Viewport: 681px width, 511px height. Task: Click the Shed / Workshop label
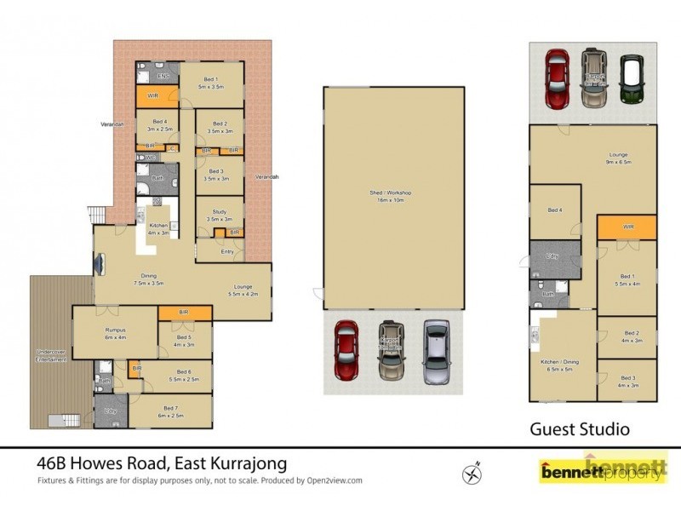(393, 197)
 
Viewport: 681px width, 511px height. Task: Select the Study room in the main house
(220, 215)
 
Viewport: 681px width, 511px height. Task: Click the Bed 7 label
(169, 411)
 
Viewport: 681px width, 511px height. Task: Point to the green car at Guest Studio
(631, 78)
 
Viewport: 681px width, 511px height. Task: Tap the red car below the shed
(346, 350)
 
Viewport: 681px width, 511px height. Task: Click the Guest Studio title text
(580, 429)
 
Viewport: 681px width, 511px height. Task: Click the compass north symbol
(472, 471)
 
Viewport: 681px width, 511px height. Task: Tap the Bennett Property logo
(603, 470)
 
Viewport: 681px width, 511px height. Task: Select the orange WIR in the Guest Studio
(627, 227)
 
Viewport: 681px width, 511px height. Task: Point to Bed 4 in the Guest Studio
(554, 210)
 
